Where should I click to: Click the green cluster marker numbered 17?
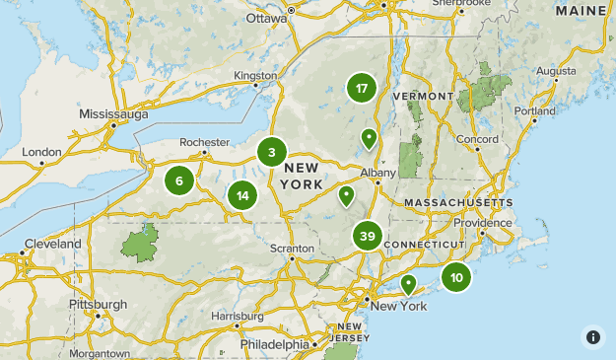362,89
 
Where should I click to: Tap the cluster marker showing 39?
368,237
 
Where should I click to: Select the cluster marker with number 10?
456,278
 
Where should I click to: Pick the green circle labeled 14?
242,195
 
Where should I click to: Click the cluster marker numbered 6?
179,180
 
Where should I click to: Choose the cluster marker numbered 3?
272,153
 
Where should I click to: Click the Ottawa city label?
266,18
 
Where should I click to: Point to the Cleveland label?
53,244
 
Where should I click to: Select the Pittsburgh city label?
98,305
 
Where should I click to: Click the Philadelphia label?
275,344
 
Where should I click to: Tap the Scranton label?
293,248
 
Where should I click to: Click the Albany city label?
377,173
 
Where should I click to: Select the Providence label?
483,223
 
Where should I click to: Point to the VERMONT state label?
422,96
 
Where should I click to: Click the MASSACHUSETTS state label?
458,202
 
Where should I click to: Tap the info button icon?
592,336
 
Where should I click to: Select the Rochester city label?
204,141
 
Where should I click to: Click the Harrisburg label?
237,317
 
